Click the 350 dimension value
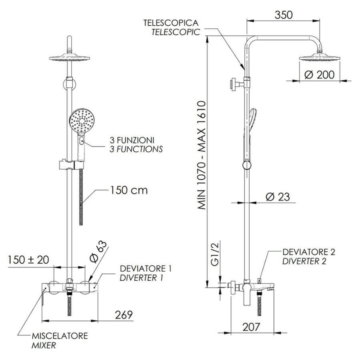click(x=284, y=15)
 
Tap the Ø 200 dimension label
click(x=319, y=75)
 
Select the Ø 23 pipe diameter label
click(x=278, y=197)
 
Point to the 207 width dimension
click(x=251, y=327)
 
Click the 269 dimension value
click(x=124, y=315)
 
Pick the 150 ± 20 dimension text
click(x=28, y=260)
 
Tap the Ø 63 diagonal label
click(x=97, y=252)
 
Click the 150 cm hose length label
click(x=129, y=190)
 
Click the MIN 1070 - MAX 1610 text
click(x=201, y=155)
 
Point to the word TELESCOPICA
click(x=171, y=23)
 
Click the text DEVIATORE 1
click(x=146, y=268)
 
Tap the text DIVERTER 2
click(x=304, y=261)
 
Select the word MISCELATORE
click(x=60, y=336)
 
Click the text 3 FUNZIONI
click(x=132, y=140)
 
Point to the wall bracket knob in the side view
click(x=234, y=85)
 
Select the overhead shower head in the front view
click(x=69, y=58)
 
